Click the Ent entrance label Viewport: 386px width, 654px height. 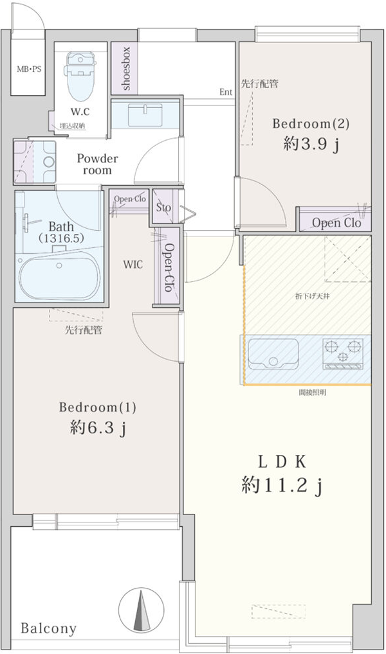pyautogui.click(x=225, y=92)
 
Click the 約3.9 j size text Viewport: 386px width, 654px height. pyautogui.click(x=311, y=145)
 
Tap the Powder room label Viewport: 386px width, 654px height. pyautogui.click(x=97, y=164)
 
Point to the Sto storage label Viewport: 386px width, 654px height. pyautogui.click(x=163, y=207)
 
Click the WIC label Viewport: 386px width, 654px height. pyautogui.click(x=133, y=265)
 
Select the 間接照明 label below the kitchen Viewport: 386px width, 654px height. pyautogui.click(x=311, y=392)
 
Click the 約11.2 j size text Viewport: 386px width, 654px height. pyautogui.click(x=281, y=486)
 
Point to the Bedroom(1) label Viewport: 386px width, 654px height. pyautogui.click(x=98, y=407)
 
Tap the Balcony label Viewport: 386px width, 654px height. pyautogui.click(x=48, y=628)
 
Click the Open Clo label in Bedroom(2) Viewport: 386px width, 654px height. pyautogui.click(x=336, y=223)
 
